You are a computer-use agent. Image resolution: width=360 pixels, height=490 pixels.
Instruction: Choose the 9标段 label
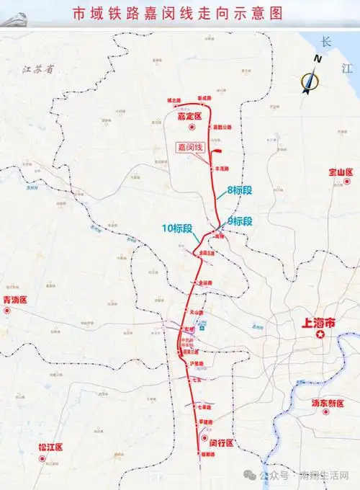239,220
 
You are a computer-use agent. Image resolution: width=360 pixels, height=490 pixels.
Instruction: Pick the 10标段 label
177,228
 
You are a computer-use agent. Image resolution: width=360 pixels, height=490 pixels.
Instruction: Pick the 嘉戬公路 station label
224,126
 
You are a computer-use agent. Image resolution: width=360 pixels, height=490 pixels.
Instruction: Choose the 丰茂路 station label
220,169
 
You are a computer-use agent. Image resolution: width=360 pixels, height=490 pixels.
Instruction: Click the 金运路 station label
205,282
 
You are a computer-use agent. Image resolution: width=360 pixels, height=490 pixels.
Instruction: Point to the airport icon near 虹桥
203,325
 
